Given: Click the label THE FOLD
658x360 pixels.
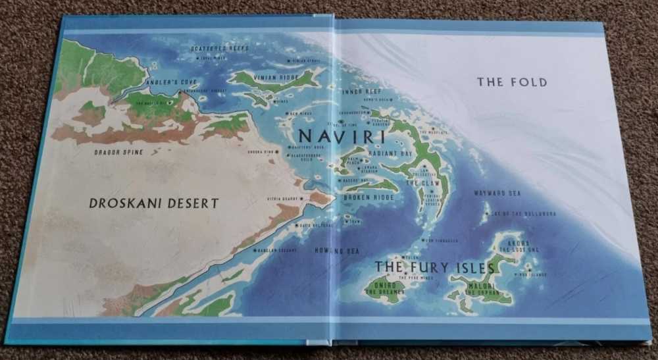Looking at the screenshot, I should [x=512, y=82].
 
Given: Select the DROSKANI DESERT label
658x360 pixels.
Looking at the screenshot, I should [x=154, y=203].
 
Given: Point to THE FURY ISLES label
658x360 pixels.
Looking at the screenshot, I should [x=434, y=268].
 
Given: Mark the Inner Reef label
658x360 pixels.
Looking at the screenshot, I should [x=363, y=91].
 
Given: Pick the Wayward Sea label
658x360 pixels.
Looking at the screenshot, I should [x=497, y=193].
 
